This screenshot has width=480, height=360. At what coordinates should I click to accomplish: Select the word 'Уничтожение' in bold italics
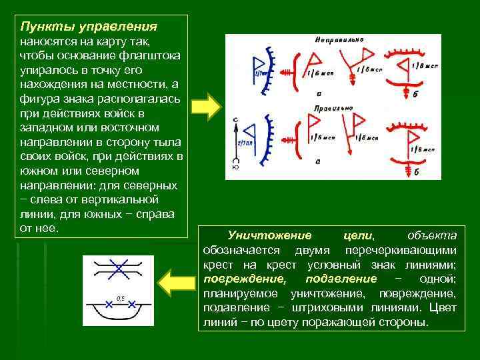[x=269, y=235]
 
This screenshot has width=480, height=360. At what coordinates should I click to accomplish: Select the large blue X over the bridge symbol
[x=118, y=269]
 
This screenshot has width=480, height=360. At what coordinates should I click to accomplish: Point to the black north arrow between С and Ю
[x=235, y=143]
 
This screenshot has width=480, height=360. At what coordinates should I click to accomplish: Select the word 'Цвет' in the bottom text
[x=443, y=308]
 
